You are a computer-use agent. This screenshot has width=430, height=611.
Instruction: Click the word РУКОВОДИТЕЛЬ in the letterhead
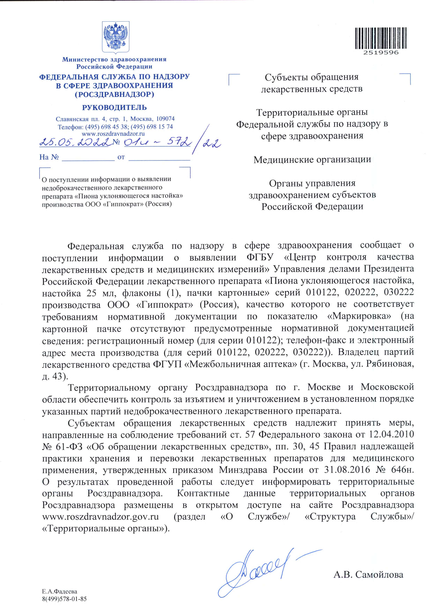point(114,108)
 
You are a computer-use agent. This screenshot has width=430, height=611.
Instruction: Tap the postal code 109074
point(165,119)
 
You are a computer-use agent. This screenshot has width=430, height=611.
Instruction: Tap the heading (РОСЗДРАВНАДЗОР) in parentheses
point(114,94)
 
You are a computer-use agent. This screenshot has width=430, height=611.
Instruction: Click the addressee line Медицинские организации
point(312,160)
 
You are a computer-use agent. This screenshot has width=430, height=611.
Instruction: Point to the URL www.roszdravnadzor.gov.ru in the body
point(100,517)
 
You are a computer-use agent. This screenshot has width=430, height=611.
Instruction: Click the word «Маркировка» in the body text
point(359,316)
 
